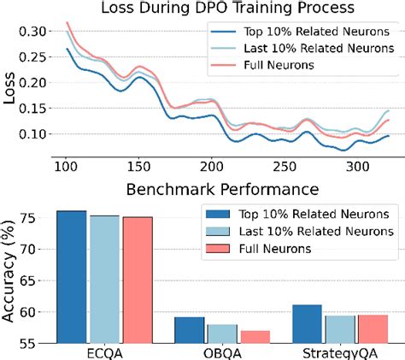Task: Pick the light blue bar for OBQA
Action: tap(222, 334)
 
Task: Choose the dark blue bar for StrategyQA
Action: tap(307, 324)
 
